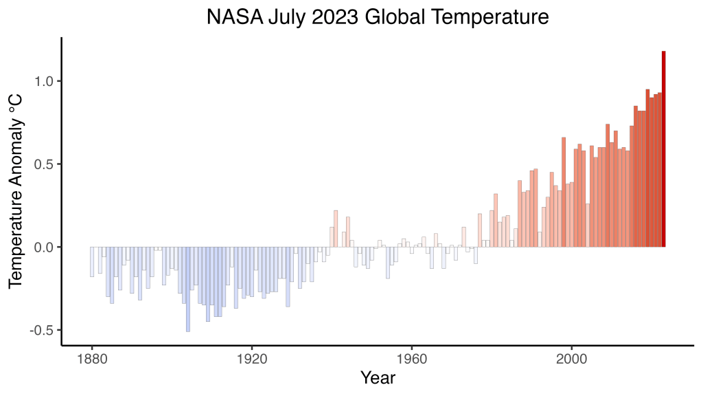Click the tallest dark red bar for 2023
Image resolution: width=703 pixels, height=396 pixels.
point(664,148)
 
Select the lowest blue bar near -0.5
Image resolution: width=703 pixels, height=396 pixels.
point(188,289)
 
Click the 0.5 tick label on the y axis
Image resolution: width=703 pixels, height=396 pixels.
point(44,164)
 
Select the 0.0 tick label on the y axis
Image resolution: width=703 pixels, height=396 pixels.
point(44,247)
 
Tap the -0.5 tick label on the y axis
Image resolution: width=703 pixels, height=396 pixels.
point(42,330)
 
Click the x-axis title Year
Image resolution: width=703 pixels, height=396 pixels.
point(378,377)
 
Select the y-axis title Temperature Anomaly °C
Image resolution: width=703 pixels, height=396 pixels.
point(15,190)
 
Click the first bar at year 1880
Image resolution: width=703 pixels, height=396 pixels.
point(92,262)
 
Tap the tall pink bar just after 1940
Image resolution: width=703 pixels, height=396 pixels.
point(336,229)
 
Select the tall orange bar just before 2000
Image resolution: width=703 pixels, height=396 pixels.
point(564,192)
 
